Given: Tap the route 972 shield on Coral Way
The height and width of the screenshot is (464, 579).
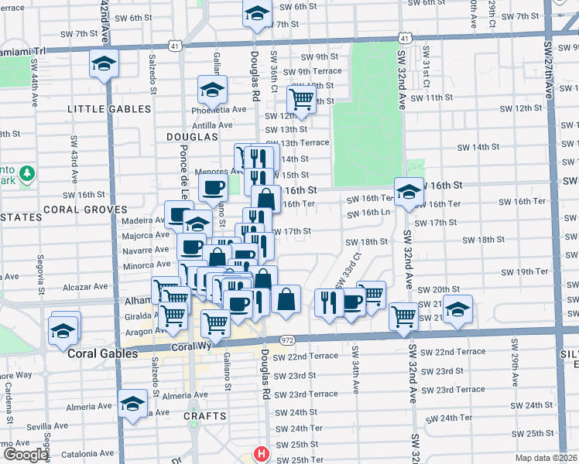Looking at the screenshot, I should tap(288, 339).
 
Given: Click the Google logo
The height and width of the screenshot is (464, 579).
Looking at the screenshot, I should tap(26, 455).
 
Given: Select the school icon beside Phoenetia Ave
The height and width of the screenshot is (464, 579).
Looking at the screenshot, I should tap(211, 91).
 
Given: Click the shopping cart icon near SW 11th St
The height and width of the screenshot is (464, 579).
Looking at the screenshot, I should tap(300, 98).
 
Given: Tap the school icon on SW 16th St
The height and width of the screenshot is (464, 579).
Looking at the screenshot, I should tap(408, 192).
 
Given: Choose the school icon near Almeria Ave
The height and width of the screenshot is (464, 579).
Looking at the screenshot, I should tap(132, 404).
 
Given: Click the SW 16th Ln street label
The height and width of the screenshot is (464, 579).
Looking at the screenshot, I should tap(368, 212).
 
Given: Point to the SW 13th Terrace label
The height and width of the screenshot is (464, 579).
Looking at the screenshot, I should tap(297, 143).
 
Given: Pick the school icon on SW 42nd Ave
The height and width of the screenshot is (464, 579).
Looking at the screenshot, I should tap(103, 64).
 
